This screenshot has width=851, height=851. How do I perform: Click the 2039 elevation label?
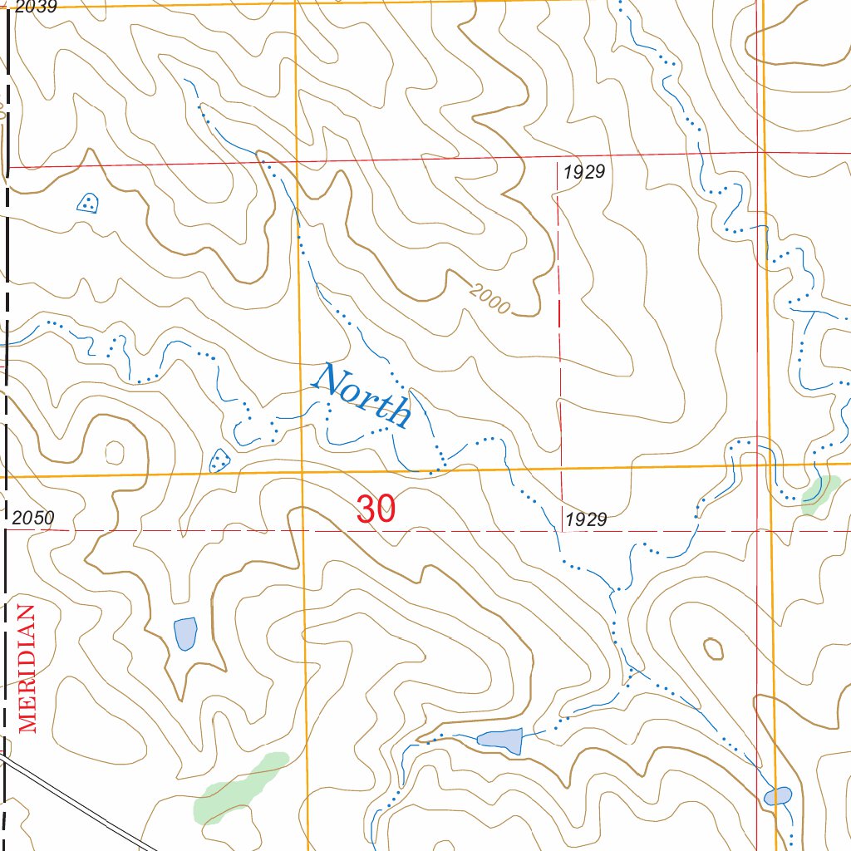(x=35, y=7)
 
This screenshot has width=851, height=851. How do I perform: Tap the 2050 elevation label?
(x=33, y=519)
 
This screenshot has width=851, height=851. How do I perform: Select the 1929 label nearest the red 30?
(x=586, y=520)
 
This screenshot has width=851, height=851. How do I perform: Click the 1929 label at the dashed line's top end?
(x=584, y=173)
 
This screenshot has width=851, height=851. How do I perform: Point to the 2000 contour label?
(x=489, y=298)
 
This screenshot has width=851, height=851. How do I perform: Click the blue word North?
(x=362, y=396)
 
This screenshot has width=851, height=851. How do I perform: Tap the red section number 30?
(x=376, y=509)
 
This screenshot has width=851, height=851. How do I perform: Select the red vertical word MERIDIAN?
(x=28, y=669)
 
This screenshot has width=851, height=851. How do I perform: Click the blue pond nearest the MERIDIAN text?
(x=185, y=634)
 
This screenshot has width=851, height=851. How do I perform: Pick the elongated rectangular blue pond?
(x=499, y=739)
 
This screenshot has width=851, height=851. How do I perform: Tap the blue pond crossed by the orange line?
(x=778, y=795)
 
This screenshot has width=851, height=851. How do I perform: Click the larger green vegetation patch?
(x=239, y=787)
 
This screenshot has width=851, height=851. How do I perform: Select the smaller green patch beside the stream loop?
(x=820, y=491)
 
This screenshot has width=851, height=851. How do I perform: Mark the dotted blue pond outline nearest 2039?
(x=87, y=202)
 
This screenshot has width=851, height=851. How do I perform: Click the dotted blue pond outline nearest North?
(x=220, y=459)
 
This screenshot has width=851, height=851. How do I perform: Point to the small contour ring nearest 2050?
(x=114, y=453)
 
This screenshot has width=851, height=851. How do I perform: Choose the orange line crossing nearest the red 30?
(x=303, y=474)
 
